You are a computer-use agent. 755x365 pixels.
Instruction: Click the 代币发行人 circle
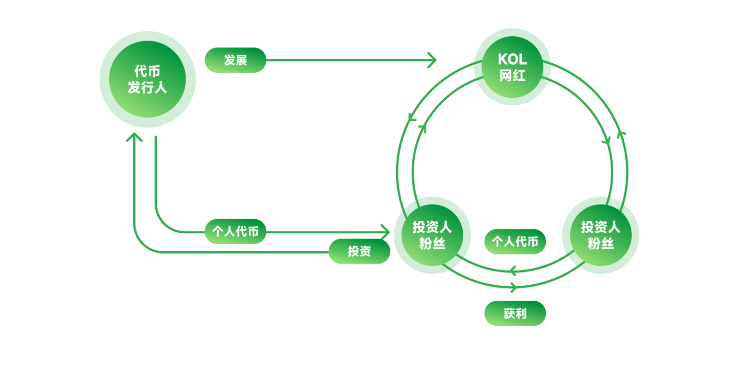click(147, 79)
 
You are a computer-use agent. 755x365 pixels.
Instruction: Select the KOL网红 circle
click(512, 67)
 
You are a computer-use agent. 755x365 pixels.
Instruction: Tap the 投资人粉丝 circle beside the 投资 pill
click(432, 235)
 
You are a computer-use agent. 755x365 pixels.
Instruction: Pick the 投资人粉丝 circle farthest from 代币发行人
click(600, 235)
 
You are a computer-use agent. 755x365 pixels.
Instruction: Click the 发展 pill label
click(235, 60)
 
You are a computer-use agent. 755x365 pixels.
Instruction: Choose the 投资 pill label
click(359, 251)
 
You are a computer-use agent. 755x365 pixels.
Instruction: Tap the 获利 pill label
click(515, 313)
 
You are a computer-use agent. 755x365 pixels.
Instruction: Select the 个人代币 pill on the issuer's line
click(235, 231)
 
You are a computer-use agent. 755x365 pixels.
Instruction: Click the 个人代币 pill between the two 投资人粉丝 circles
click(515, 242)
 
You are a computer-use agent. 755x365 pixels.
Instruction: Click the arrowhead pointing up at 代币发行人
click(134, 137)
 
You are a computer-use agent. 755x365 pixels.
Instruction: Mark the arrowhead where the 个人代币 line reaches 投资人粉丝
click(385, 232)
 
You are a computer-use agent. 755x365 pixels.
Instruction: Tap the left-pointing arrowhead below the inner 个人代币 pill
click(513, 271)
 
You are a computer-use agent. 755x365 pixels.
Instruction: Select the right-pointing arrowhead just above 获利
click(514, 287)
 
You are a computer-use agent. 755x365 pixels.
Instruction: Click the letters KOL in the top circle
click(512, 59)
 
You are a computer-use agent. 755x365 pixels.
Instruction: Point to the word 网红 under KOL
click(512, 76)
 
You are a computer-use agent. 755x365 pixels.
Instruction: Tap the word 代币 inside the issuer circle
click(147, 71)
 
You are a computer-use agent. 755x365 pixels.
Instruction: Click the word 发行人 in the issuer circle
click(147, 88)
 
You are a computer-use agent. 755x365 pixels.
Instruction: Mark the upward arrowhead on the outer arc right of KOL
click(621, 134)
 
